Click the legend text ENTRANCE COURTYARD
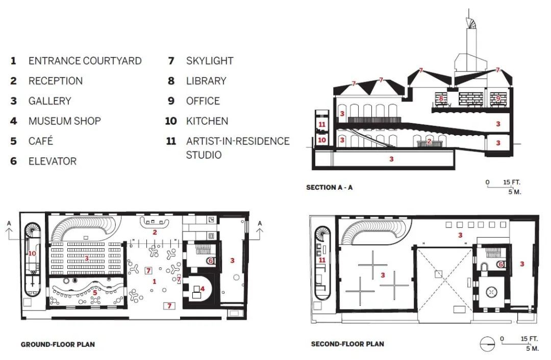pos(85,61)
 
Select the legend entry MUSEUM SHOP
pos(65,121)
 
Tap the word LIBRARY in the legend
pos(206,81)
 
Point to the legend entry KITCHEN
pos(207,121)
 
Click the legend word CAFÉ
pos(41,141)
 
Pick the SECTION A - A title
pos(329,187)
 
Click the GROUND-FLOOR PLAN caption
pos(58,344)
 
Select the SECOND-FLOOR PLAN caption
pos(347,344)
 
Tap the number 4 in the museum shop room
pos(203,289)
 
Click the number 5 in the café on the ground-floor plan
pos(95,293)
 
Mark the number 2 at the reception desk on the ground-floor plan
pos(155,232)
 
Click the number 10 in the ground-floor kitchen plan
pos(32,253)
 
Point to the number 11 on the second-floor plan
pos(322,260)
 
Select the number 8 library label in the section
pos(441,99)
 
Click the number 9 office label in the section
pos(497,98)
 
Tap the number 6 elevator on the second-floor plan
pos(501,264)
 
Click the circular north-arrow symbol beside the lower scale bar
pos(487,344)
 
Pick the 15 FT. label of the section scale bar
pos(511,182)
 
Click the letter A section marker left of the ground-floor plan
pos(9,223)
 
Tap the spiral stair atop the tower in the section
pos(471,21)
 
